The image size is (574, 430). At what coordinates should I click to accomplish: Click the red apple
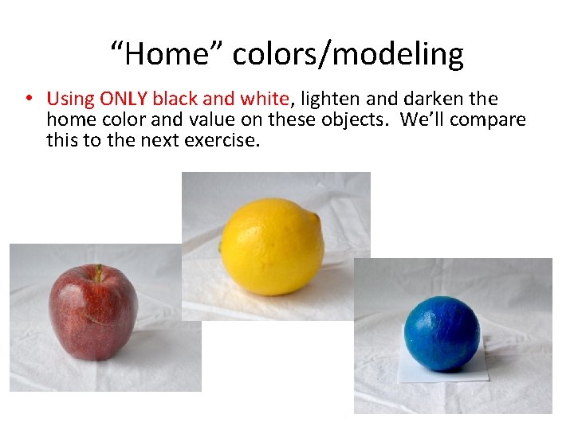(92, 313)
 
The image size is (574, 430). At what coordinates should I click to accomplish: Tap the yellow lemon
(272, 247)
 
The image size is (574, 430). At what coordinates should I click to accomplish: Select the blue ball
(442, 333)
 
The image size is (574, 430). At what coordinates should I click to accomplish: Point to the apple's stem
(99, 273)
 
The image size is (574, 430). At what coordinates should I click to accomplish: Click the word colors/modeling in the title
(348, 54)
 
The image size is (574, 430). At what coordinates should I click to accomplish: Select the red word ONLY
(124, 100)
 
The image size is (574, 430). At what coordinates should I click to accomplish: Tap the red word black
(175, 100)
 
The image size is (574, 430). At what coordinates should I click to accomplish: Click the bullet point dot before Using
(28, 100)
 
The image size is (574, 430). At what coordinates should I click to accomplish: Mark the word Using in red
(70, 100)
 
